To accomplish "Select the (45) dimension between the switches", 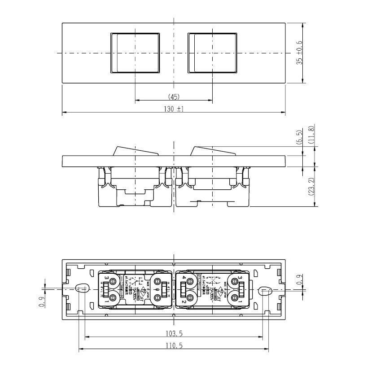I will coord(174,96).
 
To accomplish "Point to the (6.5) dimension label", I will coord(299,136).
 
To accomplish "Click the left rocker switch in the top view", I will coord(135,52).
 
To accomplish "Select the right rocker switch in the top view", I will coord(212,52).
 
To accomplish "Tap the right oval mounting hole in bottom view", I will coord(265,291).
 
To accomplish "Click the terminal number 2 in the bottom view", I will coord(184,302).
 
